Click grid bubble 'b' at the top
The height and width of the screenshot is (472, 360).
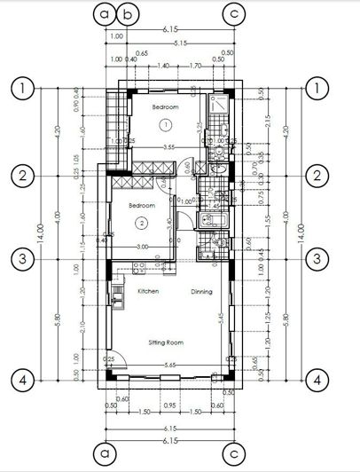click(x=129, y=14)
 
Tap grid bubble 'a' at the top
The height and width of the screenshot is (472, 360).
click(x=106, y=14)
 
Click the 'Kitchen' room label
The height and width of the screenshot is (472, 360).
click(x=147, y=291)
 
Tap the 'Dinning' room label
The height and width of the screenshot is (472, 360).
click(x=201, y=291)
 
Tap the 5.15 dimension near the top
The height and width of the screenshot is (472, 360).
click(x=182, y=43)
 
